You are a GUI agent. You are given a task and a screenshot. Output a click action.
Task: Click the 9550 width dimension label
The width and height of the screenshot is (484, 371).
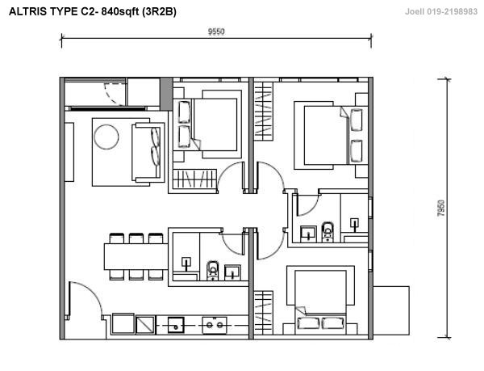(216, 32)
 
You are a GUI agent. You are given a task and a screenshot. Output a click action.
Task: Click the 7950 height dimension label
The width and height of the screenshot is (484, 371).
(441, 208)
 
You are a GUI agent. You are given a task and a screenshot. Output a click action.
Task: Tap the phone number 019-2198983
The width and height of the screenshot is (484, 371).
(453, 12)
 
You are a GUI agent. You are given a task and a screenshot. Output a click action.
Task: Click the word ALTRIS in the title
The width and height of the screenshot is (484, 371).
(28, 11)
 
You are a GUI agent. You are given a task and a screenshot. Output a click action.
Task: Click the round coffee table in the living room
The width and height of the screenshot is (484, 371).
(106, 137)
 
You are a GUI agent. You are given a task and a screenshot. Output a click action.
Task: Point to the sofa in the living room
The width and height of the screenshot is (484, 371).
(148, 153)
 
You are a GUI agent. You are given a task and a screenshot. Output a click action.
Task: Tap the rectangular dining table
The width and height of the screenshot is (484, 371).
(136, 256)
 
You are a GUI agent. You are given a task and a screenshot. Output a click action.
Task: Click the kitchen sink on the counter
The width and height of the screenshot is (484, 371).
(176, 325)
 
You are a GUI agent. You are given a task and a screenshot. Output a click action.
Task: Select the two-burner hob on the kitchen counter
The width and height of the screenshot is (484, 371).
(215, 325)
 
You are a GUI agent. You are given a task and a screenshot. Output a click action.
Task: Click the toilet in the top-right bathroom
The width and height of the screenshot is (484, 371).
(328, 231)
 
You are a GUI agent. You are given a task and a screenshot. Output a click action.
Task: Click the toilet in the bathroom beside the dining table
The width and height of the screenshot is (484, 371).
(213, 271)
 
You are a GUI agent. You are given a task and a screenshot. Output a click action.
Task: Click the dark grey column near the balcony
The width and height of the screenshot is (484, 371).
(166, 94)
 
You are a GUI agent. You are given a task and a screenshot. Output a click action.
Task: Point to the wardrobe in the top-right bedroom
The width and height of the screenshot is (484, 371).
(264, 112)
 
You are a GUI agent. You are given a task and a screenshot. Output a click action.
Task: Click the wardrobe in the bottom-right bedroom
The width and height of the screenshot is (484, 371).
(264, 313)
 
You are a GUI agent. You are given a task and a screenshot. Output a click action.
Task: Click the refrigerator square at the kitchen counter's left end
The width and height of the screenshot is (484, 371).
(123, 323)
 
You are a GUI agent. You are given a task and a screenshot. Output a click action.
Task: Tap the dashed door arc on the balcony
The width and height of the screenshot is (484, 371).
(115, 95)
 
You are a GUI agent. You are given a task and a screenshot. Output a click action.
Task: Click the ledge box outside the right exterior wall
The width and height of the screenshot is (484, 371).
(391, 310)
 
